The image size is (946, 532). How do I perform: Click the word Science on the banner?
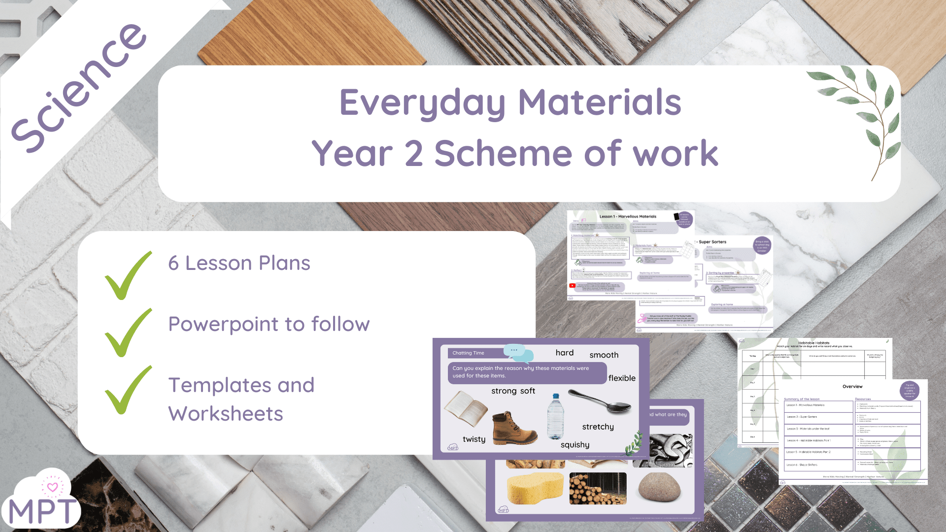(79, 89)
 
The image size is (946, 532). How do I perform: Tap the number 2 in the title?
(413, 153)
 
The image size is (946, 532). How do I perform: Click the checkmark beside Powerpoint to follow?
(127, 332)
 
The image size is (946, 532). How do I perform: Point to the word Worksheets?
(226, 414)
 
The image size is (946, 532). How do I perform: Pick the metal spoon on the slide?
(599, 401)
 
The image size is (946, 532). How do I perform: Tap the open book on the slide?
(466, 408)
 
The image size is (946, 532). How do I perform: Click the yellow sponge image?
(535, 488)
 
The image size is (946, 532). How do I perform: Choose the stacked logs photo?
(598, 488)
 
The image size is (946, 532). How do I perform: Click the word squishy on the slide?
(574, 445)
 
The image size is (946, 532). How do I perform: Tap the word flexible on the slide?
(621, 378)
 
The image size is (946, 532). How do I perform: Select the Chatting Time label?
(468, 353)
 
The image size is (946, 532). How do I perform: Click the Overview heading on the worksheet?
(852, 387)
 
